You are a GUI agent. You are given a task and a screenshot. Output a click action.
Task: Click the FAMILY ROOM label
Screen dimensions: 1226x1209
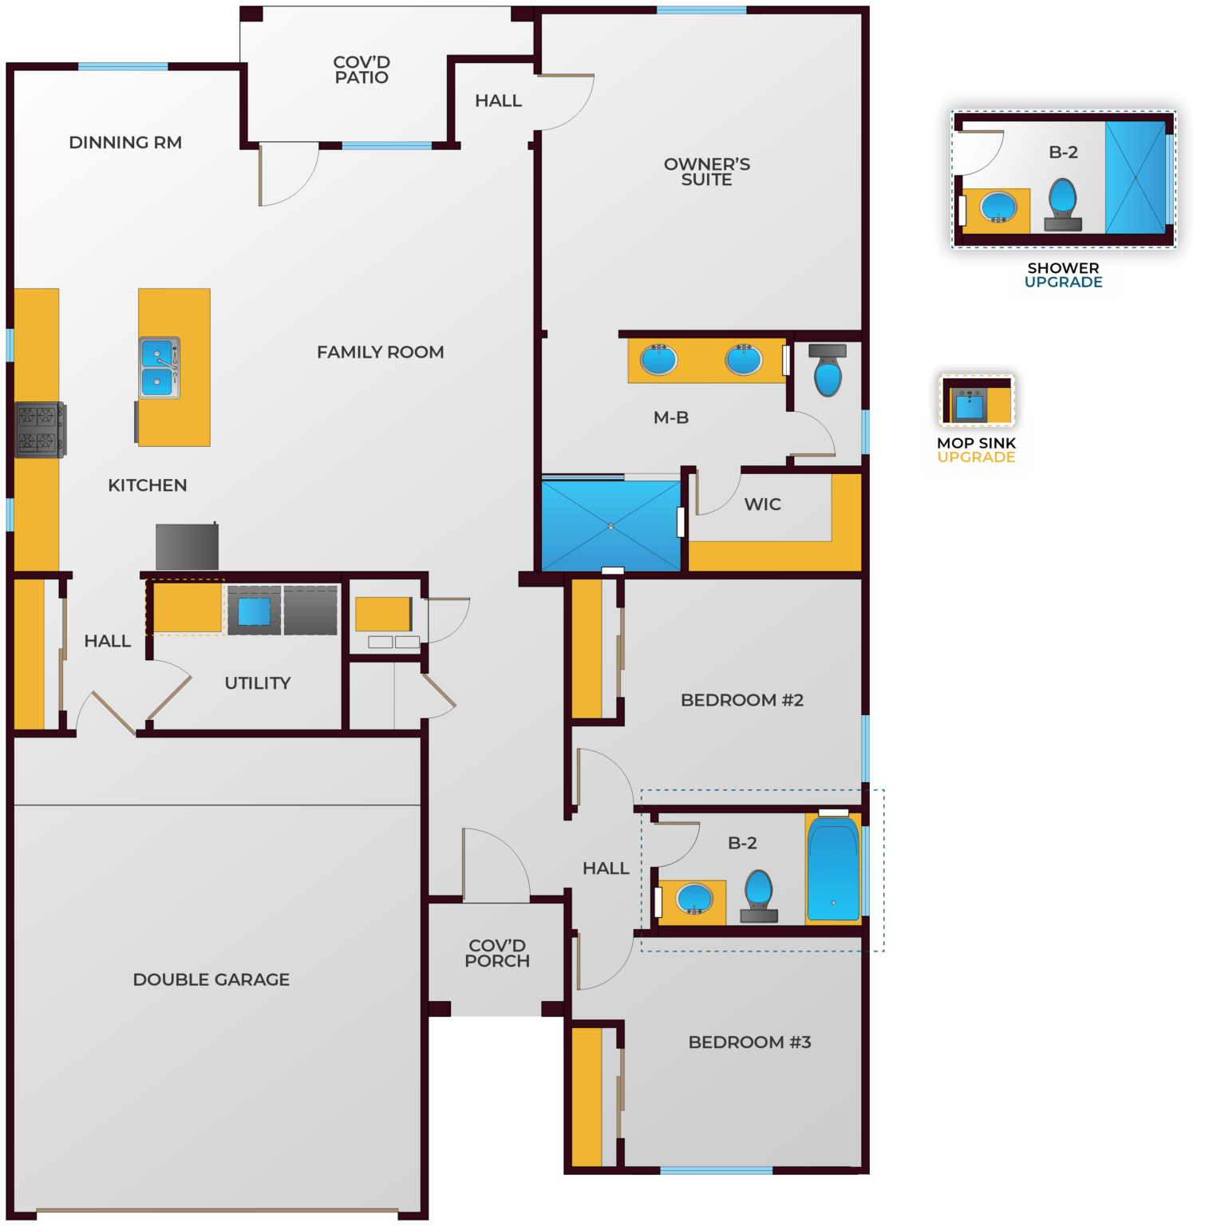point(380,352)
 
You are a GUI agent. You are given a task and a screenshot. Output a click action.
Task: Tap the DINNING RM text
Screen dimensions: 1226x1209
point(125,143)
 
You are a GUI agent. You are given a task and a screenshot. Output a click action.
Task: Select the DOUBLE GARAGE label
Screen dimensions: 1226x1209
point(211,979)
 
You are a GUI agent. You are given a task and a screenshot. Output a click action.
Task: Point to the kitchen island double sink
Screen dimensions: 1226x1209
point(160,367)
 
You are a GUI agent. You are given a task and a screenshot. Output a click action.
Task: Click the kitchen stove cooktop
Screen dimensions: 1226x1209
point(39,429)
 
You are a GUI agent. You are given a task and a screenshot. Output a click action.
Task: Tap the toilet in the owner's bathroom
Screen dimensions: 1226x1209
point(828,372)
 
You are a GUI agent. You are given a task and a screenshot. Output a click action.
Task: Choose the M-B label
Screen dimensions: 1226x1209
point(671,417)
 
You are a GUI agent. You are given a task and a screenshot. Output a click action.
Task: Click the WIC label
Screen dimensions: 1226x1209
point(762,504)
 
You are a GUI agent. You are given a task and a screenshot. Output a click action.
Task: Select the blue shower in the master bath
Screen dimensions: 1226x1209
point(610,525)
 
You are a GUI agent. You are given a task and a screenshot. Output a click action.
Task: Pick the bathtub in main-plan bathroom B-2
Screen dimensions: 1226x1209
point(833,868)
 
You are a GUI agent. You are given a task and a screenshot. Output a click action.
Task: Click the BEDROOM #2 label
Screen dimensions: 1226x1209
point(742,700)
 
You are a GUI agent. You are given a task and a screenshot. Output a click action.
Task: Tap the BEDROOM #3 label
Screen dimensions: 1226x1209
point(749,1042)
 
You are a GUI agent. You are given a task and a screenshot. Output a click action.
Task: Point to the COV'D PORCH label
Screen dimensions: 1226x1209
point(497,953)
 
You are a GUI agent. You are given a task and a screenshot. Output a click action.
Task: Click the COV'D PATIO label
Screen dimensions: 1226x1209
point(362,69)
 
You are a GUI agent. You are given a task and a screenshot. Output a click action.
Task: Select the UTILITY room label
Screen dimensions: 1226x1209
point(258,683)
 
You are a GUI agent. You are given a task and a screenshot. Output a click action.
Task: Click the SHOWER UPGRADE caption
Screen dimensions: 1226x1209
point(1063,275)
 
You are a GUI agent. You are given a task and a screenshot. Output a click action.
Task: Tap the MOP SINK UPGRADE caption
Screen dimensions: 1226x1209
point(976,450)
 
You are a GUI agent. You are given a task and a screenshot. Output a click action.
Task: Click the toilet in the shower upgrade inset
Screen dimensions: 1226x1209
point(1062,204)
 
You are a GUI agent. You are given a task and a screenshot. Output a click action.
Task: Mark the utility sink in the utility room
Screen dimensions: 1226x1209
point(254,611)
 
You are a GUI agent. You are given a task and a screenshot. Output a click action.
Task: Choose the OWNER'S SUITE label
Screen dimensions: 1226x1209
point(707,172)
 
